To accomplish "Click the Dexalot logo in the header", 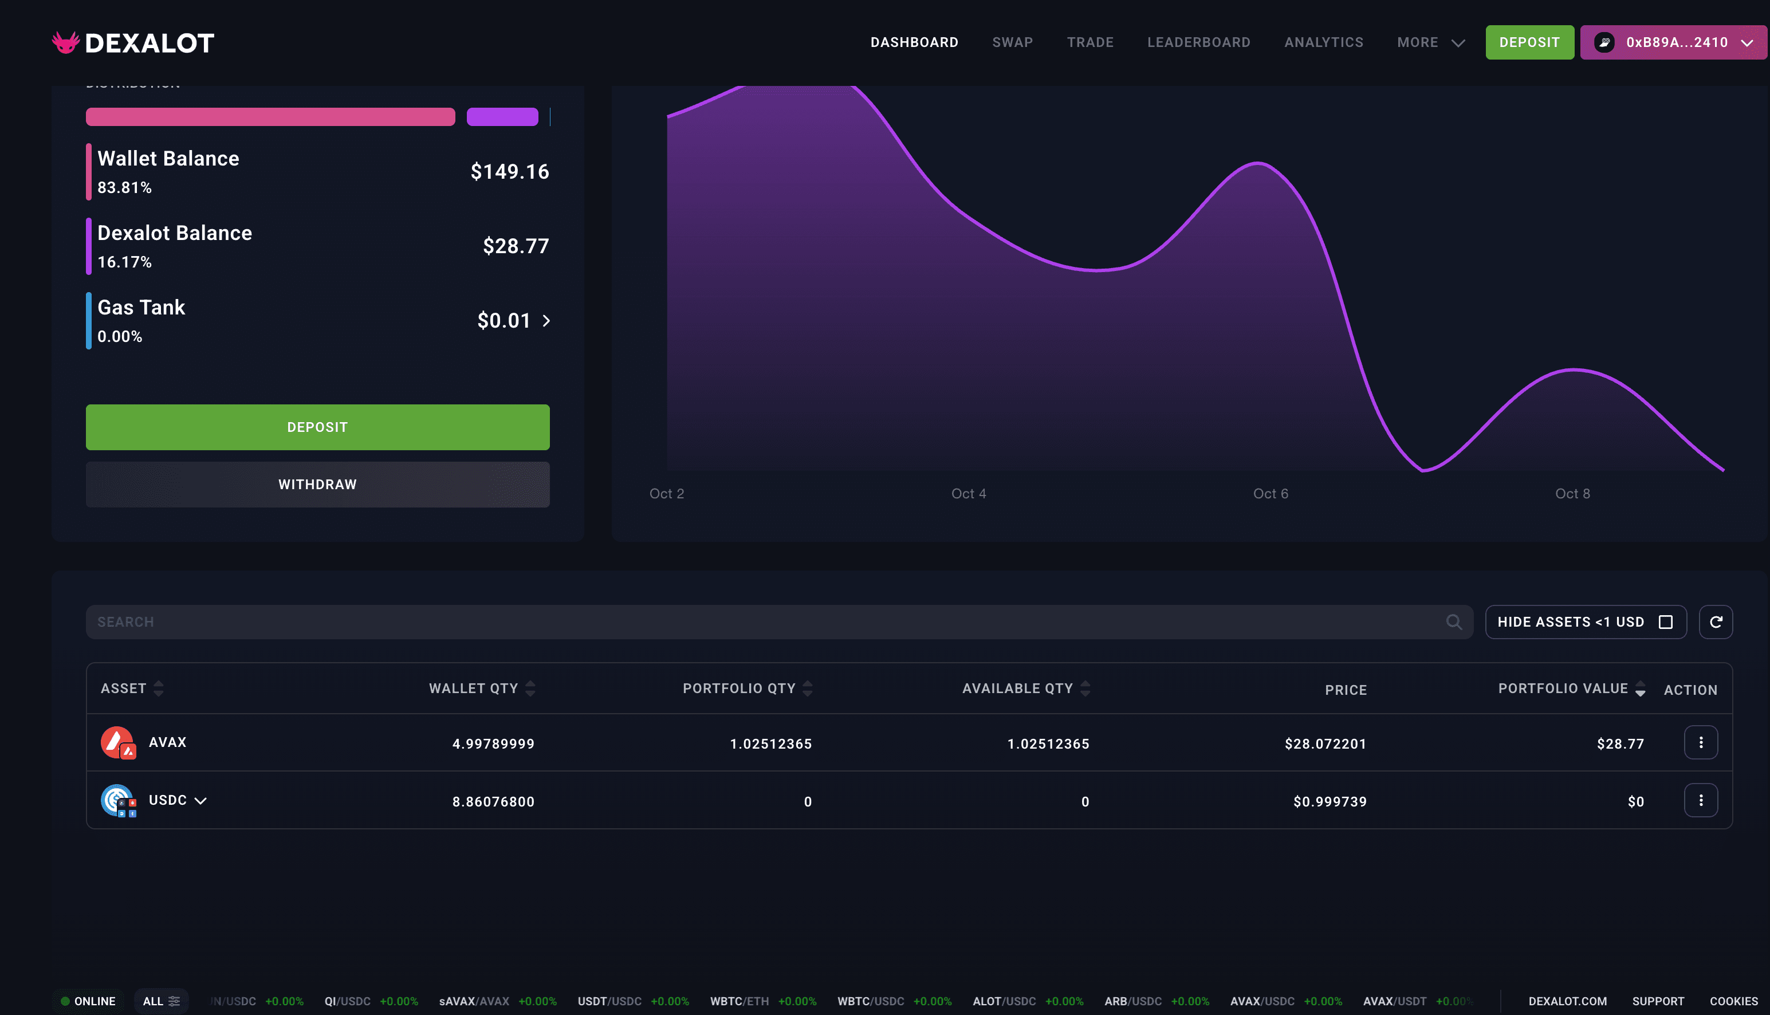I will click(133, 43).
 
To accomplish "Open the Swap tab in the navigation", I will click(1012, 42).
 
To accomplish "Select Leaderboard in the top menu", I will click(1198, 42).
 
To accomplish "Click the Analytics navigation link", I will click(1323, 42).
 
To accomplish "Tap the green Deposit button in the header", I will click(1529, 42).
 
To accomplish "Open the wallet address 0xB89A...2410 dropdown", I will click(1673, 42).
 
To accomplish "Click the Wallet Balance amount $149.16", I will click(510, 171).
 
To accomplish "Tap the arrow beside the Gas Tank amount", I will click(546, 321).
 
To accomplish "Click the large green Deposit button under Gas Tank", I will click(317, 427).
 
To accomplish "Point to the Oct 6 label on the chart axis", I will click(1270, 494).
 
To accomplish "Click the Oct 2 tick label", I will click(666, 494).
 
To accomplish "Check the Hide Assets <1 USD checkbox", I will click(1665, 622).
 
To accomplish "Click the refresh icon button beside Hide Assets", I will click(1716, 622).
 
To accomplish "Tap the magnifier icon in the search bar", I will click(1453, 622).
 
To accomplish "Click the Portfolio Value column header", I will click(1563, 689).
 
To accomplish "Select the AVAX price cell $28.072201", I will click(1325, 744).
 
